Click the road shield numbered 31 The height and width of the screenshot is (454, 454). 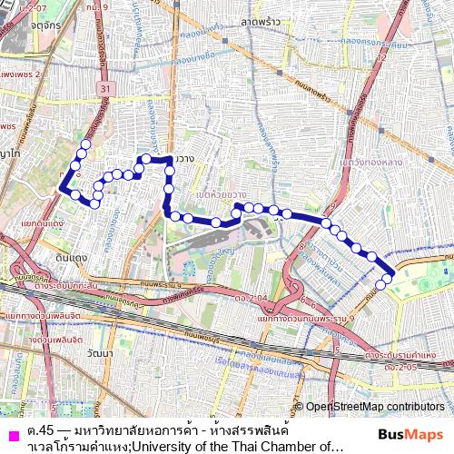click(x=105, y=88)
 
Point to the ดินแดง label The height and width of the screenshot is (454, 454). click(x=70, y=258)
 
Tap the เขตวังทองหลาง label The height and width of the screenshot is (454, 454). click(x=370, y=163)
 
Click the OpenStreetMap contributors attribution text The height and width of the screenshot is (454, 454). click(x=375, y=406)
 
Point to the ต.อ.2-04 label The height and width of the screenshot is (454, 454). click(x=249, y=297)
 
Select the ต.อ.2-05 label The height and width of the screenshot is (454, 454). click(x=400, y=367)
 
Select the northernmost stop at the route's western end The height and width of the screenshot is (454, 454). click(x=86, y=143)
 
